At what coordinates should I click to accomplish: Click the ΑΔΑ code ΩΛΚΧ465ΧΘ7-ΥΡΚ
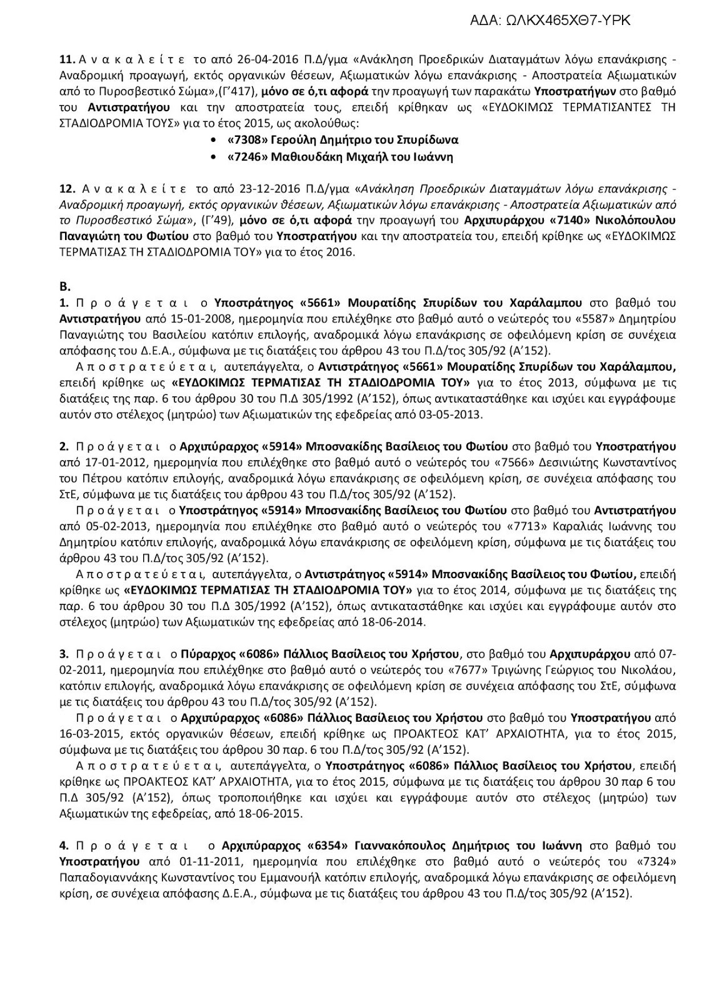(x=550, y=21)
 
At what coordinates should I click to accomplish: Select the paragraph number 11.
(x=66, y=60)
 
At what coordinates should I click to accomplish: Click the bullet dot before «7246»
(x=215, y=157)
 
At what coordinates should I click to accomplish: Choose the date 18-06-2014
(x=394, y=622)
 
